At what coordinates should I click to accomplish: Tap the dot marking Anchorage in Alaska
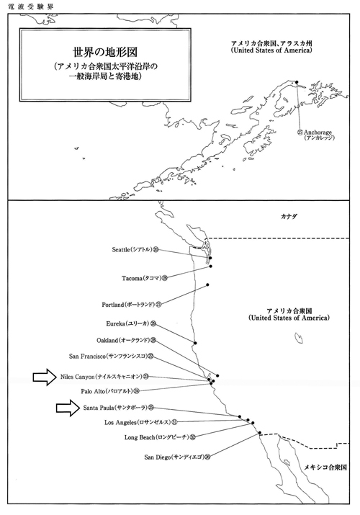pyautogui.click(x=297, y=82)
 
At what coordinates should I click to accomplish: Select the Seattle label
pyautogui.click(x=135, y=250)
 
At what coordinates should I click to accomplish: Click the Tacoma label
pyautogui.click(x=145, y=279)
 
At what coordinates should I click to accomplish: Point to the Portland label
pyautogui.click(x=132, y=305)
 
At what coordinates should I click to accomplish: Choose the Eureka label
pyautogui.click(x=131, y=324)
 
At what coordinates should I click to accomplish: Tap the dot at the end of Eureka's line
pyautogui.click(x=195, y=343)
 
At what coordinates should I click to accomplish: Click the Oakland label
pyautogui.click(x=126, y=340)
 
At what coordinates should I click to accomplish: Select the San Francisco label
pyautogui.click(x=112, y=356)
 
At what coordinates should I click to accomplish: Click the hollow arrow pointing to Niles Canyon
pyautogui.click(x=45, y=377)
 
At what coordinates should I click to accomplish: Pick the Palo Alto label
pyautogui.click(x=110, y=391)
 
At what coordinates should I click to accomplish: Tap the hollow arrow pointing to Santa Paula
pyautogui.click(x=68, y=408)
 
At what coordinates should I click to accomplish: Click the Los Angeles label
pyautogui.click(x=141, y=422)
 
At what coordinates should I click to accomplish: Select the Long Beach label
pyautogui.click(x=160, y=437)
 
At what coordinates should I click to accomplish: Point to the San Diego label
pyautogui.click(x=177, y=457)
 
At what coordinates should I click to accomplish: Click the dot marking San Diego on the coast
pyautogui.click(x=260, y=433)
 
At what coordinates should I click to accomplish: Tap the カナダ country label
pyautogui.click(x=289, y=217)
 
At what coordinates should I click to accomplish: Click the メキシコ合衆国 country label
pyautogui.click(x=325, y=467)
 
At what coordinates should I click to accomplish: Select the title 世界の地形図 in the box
pyautogui.click(x=105, y=52)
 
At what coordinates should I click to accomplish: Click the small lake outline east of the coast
pyautogui.click(x=299, y=338)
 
